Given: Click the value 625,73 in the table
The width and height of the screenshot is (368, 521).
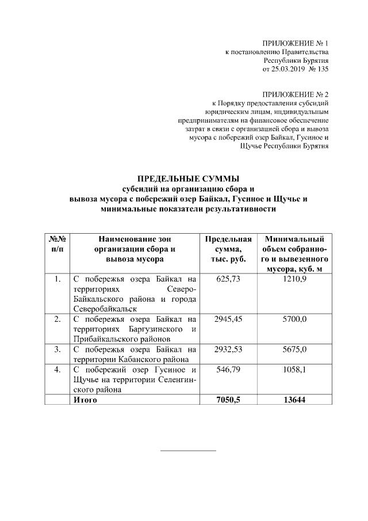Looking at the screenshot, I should [228, 279].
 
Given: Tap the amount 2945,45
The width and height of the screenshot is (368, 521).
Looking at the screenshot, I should [228, 318].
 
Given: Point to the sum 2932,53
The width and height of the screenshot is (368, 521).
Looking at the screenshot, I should [228, 349].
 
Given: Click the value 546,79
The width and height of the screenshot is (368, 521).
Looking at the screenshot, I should [228, 370].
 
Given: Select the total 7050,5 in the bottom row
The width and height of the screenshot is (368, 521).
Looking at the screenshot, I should [228, 400].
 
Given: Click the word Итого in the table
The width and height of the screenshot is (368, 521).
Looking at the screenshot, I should [85, 400].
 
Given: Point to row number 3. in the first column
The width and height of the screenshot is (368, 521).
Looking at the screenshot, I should [56, 349].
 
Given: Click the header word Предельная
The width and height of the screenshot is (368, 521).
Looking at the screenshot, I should [228, 239].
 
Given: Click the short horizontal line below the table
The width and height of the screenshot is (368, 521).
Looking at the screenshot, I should [187, 450].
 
